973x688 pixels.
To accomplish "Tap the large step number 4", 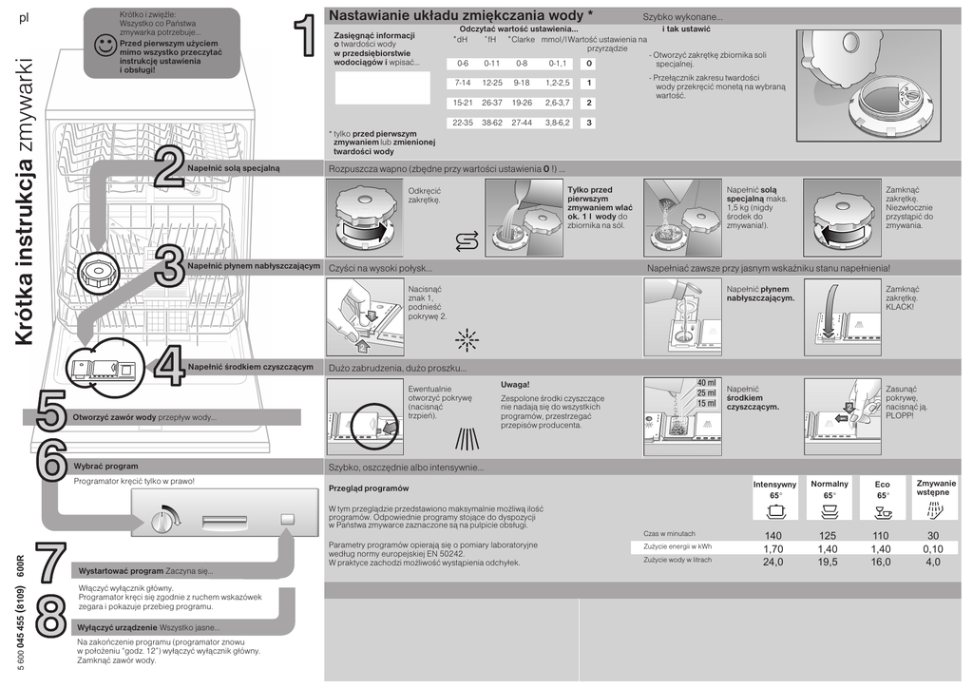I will (x=169, y=367).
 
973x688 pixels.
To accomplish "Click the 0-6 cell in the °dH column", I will (x=463, y=64).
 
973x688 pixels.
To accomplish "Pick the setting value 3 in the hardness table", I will (x=589, y=123).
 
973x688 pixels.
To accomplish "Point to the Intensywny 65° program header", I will (x=774, y=489).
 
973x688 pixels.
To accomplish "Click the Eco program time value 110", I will (x=881, y=536).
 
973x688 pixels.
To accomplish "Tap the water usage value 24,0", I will (x=773, y=562).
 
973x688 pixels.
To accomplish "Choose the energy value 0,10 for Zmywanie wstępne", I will (x=932, y=548).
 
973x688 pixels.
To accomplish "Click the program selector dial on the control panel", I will (x=163, y=520).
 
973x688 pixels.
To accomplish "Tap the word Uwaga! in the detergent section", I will (x=515, y=384).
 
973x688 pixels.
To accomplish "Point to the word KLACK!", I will (x=899, y=307).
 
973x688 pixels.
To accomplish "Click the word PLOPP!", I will (x=899, y=415).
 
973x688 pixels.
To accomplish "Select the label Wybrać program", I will (x=105, y=467).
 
